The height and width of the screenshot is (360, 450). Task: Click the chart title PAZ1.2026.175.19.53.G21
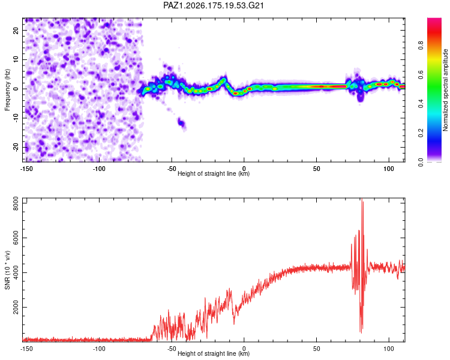pos(213,5)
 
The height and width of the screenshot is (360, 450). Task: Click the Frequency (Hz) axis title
pos(7,90)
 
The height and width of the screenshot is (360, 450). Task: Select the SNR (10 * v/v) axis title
pos(7,270)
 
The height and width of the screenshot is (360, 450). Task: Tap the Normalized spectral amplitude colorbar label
pos(445,90)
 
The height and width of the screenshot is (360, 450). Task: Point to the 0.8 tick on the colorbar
pos(421,46)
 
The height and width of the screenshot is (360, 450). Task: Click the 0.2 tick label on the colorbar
pos(421,133)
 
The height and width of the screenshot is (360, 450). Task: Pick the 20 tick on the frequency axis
pos(16,31)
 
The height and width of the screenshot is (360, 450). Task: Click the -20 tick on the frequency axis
pos(16,147)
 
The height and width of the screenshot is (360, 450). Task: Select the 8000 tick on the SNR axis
pos(16,203)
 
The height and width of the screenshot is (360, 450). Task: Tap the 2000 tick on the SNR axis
pos(16,307)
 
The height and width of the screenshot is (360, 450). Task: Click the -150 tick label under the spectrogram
pos(26,169)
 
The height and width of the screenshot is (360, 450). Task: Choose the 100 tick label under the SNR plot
pos(389,349)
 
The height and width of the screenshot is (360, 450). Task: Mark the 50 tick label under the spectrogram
pos(316,169)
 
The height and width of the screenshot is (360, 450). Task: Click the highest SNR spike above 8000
pos(362,199)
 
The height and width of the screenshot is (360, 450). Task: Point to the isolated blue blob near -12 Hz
pos(182,124)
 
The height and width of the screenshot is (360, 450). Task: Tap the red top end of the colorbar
pos(434,20)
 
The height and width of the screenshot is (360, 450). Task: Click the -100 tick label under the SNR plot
pos(99,349)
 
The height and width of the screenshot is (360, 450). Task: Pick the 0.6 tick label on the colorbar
pos(421,74)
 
